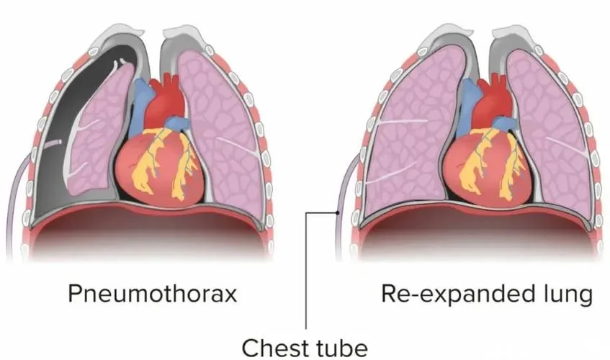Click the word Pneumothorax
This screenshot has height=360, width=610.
[x=153, y=294]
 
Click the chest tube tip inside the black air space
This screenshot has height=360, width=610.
[x=59, y=142]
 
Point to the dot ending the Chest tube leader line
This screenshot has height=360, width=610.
[x=338, y=212]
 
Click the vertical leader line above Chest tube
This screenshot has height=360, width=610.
[x=306, y=271]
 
